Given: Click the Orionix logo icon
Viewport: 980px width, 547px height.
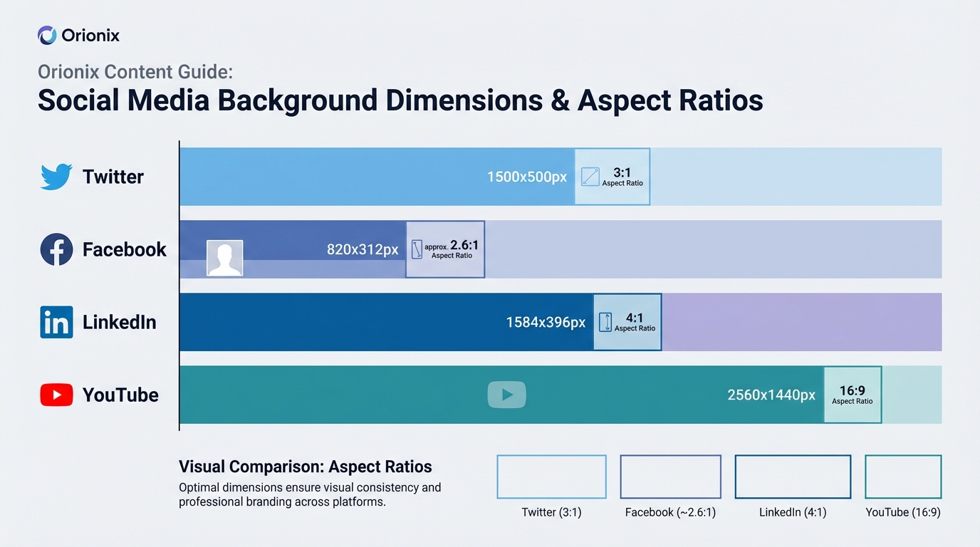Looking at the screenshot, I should tap(47, 35).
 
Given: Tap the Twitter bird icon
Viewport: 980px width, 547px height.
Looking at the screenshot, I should tap(56, 177).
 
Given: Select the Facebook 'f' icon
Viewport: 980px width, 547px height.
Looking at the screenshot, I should tap(56, 250).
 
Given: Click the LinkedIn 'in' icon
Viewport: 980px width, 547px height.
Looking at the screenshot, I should tap(56, 322).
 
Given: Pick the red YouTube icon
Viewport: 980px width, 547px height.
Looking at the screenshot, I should tap(56, 395).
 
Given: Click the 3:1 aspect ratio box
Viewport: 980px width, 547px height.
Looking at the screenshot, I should tap(612, 177).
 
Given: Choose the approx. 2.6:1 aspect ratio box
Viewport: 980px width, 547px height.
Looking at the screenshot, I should tap(445, 249).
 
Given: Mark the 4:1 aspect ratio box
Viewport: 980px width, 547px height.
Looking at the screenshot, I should tap(627, 322).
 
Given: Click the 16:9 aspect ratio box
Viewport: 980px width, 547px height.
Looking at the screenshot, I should tap(853, 395).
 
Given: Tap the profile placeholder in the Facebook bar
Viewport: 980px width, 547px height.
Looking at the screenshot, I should tap(224, 258).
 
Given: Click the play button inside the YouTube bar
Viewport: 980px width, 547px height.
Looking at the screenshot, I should tap(506, 395).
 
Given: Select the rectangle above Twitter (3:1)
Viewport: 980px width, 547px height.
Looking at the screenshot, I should tap(551, 476).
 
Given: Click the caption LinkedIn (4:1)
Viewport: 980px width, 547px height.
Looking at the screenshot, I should tap(793, 512).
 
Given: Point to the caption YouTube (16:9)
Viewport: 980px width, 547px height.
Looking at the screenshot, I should tap(902, 512).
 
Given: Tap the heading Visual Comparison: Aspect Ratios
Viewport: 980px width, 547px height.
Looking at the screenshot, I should tap(305, 467).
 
